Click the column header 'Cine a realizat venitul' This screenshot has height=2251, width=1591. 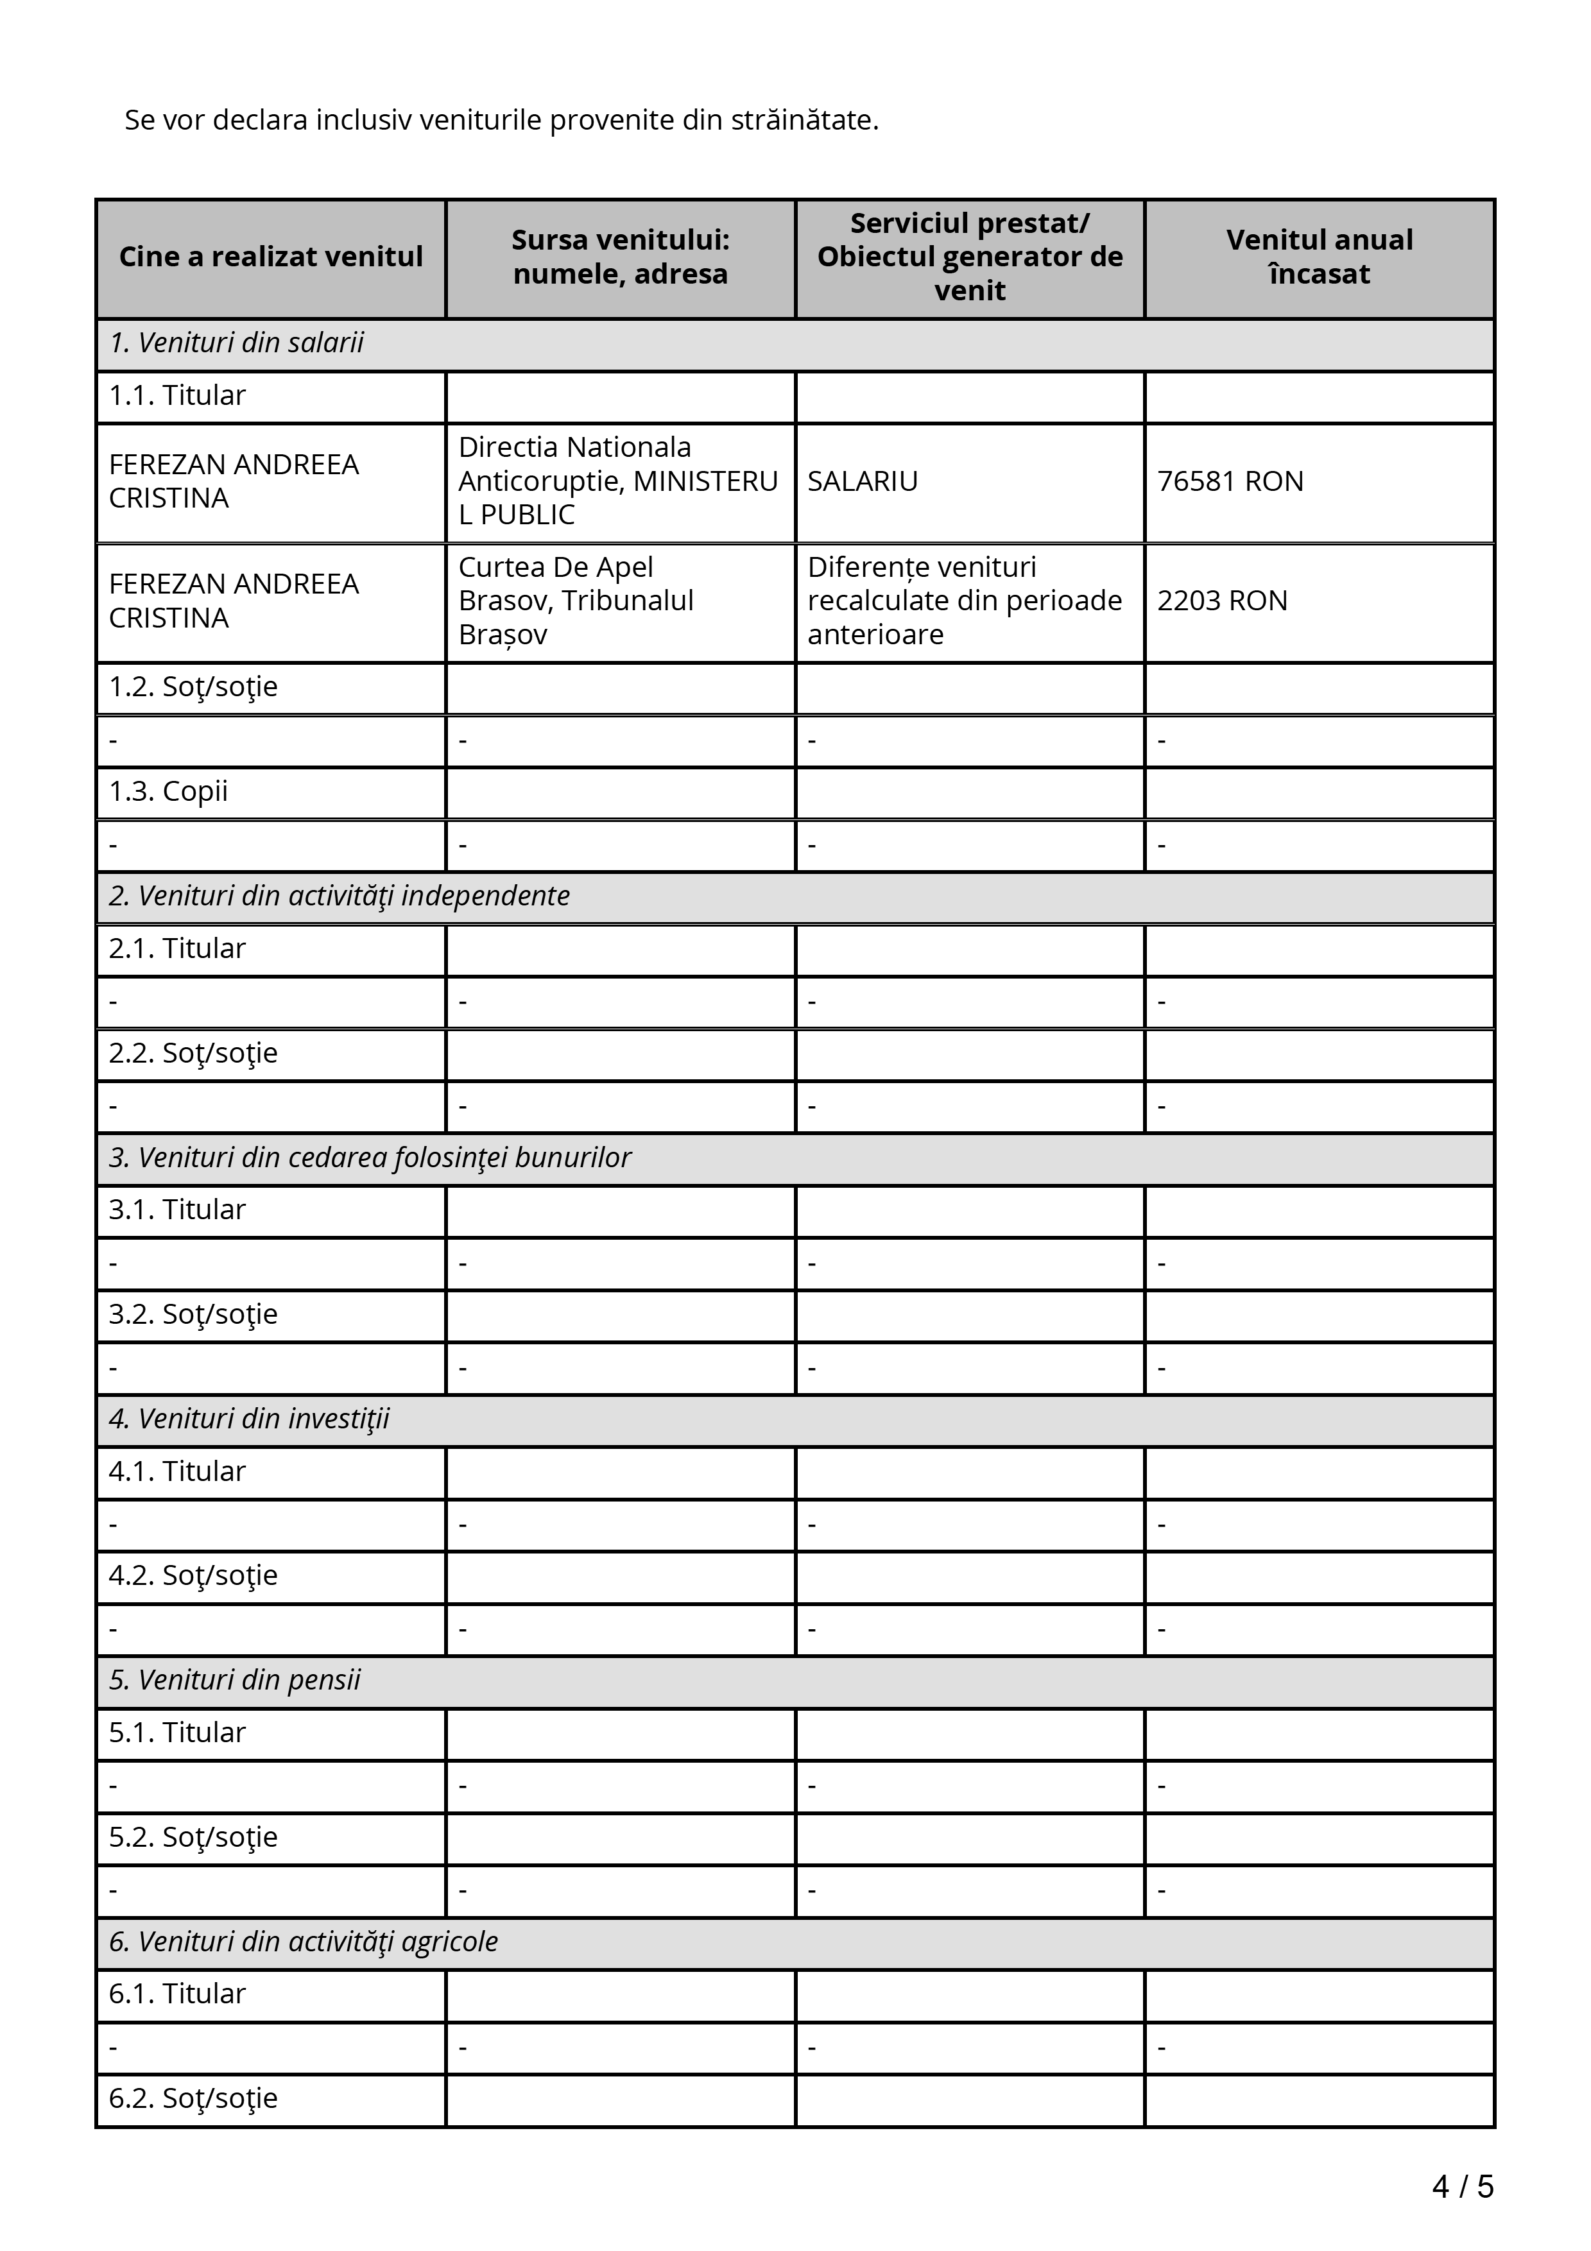point(271,257)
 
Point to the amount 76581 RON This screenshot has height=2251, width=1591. point(1230,481)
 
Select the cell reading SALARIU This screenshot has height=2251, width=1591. point(863,481)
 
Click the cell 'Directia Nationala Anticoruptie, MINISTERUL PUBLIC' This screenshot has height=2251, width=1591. point(617,481)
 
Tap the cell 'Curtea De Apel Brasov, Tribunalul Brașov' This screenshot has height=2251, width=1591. point(576,601)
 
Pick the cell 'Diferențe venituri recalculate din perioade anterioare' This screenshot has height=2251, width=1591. point(965,601)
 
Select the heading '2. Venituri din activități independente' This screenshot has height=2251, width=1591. point(339,896)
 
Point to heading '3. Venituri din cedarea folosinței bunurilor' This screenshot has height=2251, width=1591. point(370,1158)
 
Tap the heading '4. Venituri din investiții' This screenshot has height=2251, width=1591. point(249,1419)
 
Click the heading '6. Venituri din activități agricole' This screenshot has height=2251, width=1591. point(303,1941)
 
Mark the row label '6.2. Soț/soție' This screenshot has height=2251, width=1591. point(193,2098)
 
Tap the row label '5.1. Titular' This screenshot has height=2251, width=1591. point(177,1733)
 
